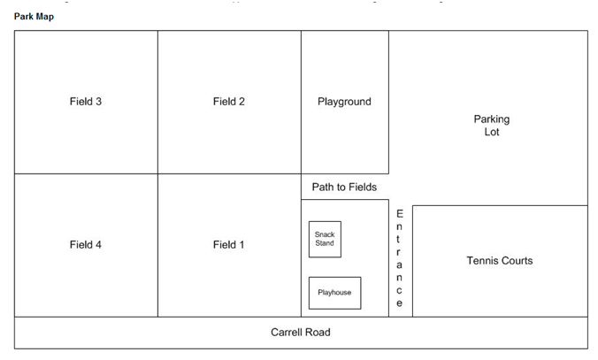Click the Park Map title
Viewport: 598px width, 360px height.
[34, 17]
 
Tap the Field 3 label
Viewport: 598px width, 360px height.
[86, 102]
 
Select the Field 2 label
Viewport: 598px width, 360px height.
[229, 102]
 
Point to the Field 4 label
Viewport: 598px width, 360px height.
[86, 244]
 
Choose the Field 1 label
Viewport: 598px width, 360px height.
[228, 244]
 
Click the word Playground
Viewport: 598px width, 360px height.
[344, 102]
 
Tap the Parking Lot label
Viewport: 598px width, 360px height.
[492, 126]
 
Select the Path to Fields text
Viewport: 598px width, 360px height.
[344, 187]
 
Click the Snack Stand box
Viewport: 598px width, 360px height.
[325, 239]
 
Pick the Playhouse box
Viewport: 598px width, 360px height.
[335, 293]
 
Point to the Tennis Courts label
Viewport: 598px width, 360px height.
[500, 260]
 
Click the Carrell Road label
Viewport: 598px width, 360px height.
[301, 333]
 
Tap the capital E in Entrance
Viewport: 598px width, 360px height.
[399, 213]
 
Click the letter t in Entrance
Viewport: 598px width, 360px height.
[399, 239]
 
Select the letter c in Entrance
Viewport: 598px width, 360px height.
[399, 291]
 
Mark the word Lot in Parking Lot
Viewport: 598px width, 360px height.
[492, 132]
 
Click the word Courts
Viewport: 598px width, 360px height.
[517, 260]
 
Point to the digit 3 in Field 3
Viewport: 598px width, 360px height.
[99, 102]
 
